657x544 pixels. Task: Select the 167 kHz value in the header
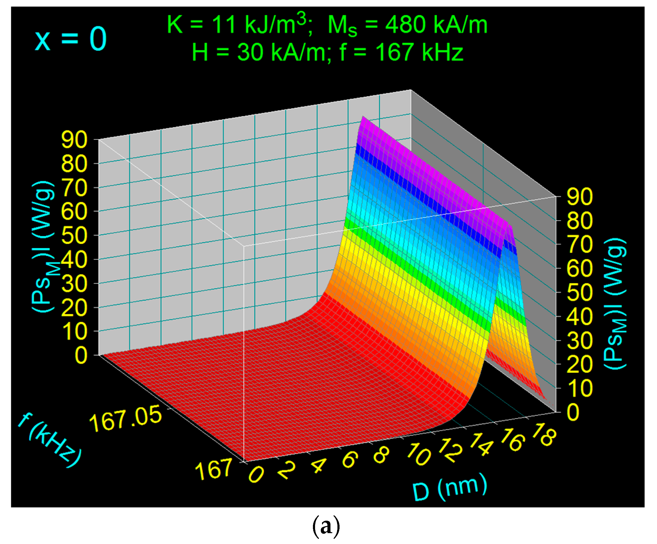point(419,52)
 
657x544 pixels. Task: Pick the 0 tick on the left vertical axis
point(81,356)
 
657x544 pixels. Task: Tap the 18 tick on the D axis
point(544,434)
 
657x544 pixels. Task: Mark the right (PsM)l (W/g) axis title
point(615,303)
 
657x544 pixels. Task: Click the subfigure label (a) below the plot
point(326,526)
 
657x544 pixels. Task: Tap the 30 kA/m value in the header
point(281,52)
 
